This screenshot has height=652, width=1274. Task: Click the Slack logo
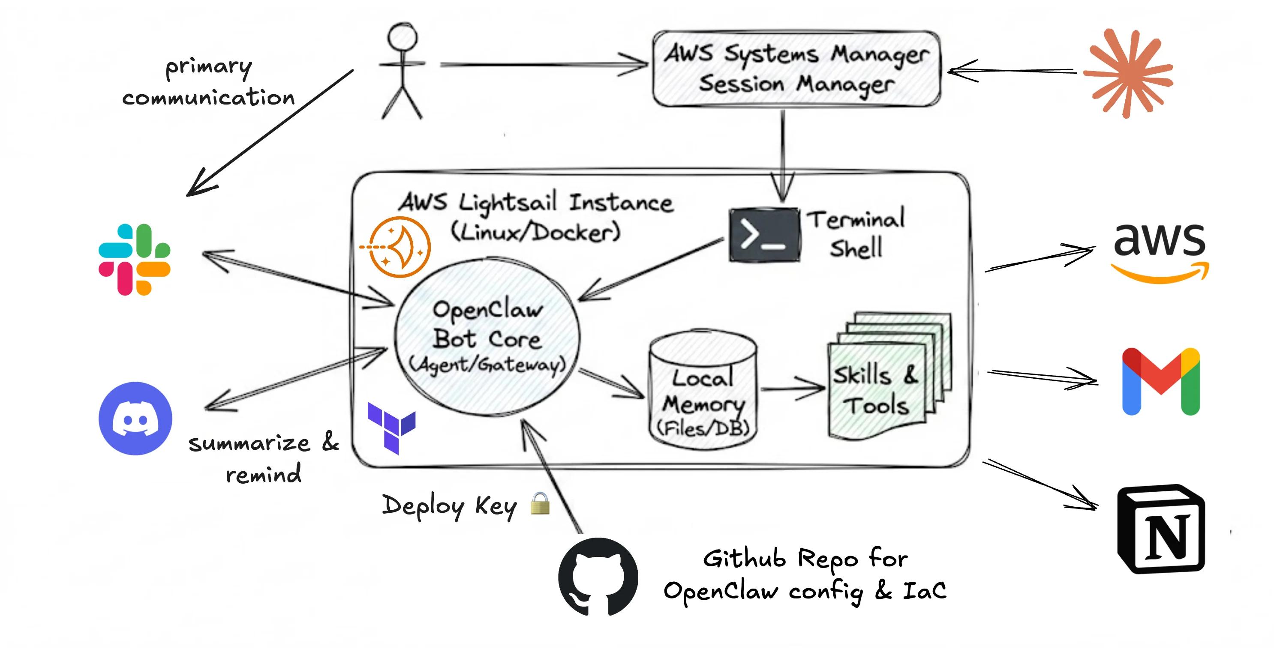(135, 259)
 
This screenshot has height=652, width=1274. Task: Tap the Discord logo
(135, 418)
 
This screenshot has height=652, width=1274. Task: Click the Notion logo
(1160, 529)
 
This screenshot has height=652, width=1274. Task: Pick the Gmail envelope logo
(1160, 382)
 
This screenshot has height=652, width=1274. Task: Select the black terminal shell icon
(764, 235)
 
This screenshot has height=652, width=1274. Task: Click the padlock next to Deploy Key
(540, 504)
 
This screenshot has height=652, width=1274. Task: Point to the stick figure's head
(402, 37)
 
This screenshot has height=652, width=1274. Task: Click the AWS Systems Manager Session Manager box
(796, 69)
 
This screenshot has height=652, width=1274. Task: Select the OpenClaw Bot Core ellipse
(487, 337)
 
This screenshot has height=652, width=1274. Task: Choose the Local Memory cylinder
(703, 391)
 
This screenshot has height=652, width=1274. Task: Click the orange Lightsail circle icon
(400, 246)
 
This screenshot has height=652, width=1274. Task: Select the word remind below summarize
(263, 475)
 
